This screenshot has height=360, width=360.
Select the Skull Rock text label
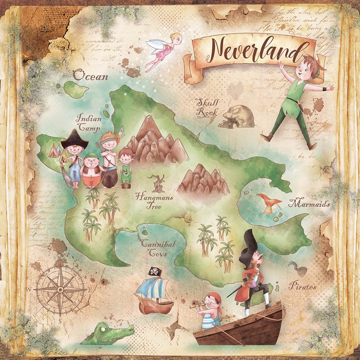click(207, 107)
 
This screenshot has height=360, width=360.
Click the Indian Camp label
click(88, 121)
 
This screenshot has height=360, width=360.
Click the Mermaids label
click(309, 204)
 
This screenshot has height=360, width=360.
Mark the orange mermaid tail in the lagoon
click(268, 202)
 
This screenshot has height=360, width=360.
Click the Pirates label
click(302, 286)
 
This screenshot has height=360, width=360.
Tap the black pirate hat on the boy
click(75, 138)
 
